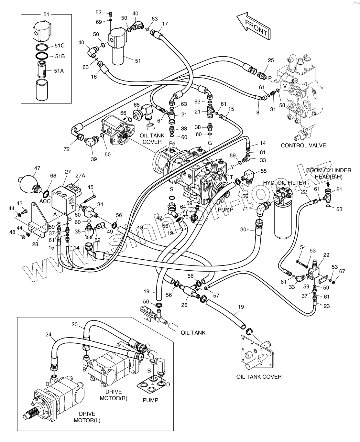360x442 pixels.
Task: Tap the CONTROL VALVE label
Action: coord(303,145)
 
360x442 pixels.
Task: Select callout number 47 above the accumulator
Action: coord(37,168)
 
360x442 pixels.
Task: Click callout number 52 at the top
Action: coord(99,13)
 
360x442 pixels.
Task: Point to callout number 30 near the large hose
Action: coord(243,230)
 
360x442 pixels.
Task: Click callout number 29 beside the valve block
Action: coord(326,255)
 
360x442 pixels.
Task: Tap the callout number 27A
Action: coord(80,176)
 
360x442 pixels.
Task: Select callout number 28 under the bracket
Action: coord(35,244)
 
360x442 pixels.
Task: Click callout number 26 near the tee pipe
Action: coord(184,304)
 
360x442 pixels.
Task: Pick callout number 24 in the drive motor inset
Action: coord(48,335)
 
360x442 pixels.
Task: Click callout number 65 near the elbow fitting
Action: coord(136,105)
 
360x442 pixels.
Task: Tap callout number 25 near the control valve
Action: coord(271,60)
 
